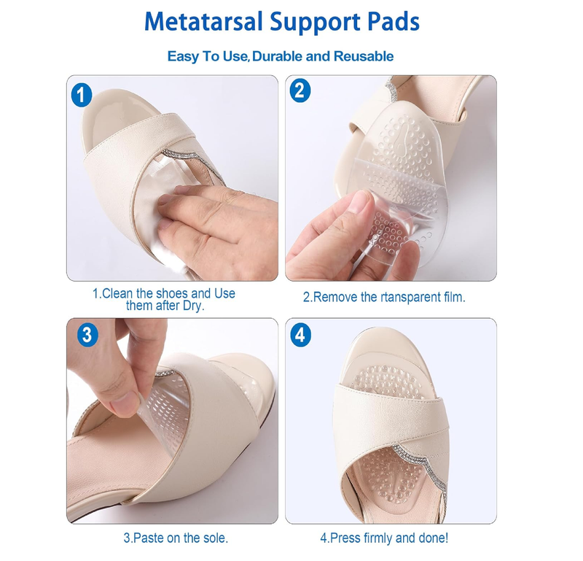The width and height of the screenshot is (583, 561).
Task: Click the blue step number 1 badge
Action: click(83, 93)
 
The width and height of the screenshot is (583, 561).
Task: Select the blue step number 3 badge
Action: click(87, 334)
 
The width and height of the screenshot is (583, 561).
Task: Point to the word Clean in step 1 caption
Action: click(118, 293)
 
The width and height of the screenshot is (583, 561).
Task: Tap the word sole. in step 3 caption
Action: click(214, 538)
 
